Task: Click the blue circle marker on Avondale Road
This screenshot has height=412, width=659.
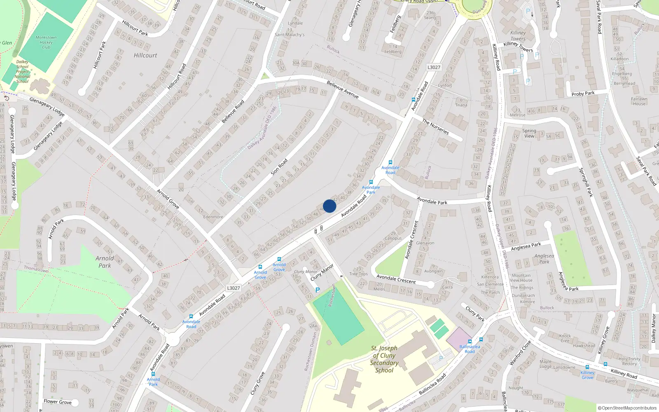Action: point(329,206)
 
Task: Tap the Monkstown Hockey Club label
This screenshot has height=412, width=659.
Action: point(46,42)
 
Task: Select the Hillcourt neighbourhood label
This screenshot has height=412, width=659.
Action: point(145,55)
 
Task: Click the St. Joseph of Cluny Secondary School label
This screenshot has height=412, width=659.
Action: point(384,359)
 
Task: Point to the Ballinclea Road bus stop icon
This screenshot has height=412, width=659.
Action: point(481,340)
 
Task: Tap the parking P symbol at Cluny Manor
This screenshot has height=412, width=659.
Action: point(318,290)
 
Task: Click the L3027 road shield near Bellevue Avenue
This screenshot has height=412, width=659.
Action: point(434,67)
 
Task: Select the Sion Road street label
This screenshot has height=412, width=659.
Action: point(279,167)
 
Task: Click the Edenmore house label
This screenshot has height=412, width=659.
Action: point(213,217)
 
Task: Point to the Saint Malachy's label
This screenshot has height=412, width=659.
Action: point(290,35)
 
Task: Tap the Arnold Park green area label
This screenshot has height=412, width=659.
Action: point(105,262)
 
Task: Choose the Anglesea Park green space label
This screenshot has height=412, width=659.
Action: point(544,259)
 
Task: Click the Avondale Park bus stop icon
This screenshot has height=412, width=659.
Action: point(371,182)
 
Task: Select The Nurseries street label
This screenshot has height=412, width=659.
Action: point(435,126)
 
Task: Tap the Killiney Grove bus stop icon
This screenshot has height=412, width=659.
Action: point(587,367)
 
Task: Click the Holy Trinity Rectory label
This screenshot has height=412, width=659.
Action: point(629,361)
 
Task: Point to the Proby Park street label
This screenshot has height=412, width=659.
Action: point(583,94)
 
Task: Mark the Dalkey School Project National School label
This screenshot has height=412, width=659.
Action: point(22,71)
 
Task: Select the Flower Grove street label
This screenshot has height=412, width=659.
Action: point(58,402)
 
